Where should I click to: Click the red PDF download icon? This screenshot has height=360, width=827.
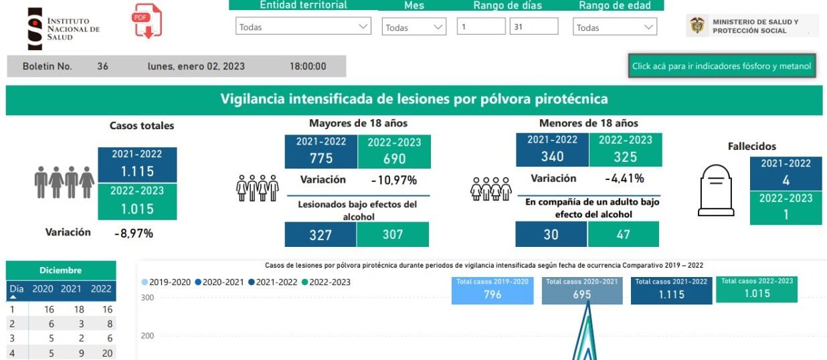click(147, 21)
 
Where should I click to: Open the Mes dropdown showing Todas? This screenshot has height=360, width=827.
click(414, 27)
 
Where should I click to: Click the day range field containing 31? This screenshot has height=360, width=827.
click(533, 27)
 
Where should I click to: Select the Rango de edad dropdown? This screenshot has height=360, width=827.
click(615, 27)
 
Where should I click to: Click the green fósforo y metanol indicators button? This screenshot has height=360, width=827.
click(721, 66)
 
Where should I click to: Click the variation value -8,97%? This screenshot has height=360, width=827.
click(133, 233)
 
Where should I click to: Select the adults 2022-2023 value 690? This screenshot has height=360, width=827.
click(394, 159)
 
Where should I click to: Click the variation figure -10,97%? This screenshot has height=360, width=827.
click(393, 180)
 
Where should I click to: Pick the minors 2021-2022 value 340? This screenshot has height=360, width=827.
click(551, 157)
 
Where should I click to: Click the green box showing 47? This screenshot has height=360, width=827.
click(623, 235)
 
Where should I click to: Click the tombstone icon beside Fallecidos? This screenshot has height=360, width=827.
click(716, 191)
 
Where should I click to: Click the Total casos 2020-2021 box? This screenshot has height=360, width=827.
click(581, 290)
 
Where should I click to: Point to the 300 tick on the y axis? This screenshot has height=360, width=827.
click(147, 298)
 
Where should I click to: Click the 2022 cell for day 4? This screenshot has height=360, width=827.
click(102, 353)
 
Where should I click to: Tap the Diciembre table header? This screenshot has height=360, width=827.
click(60, 270)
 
